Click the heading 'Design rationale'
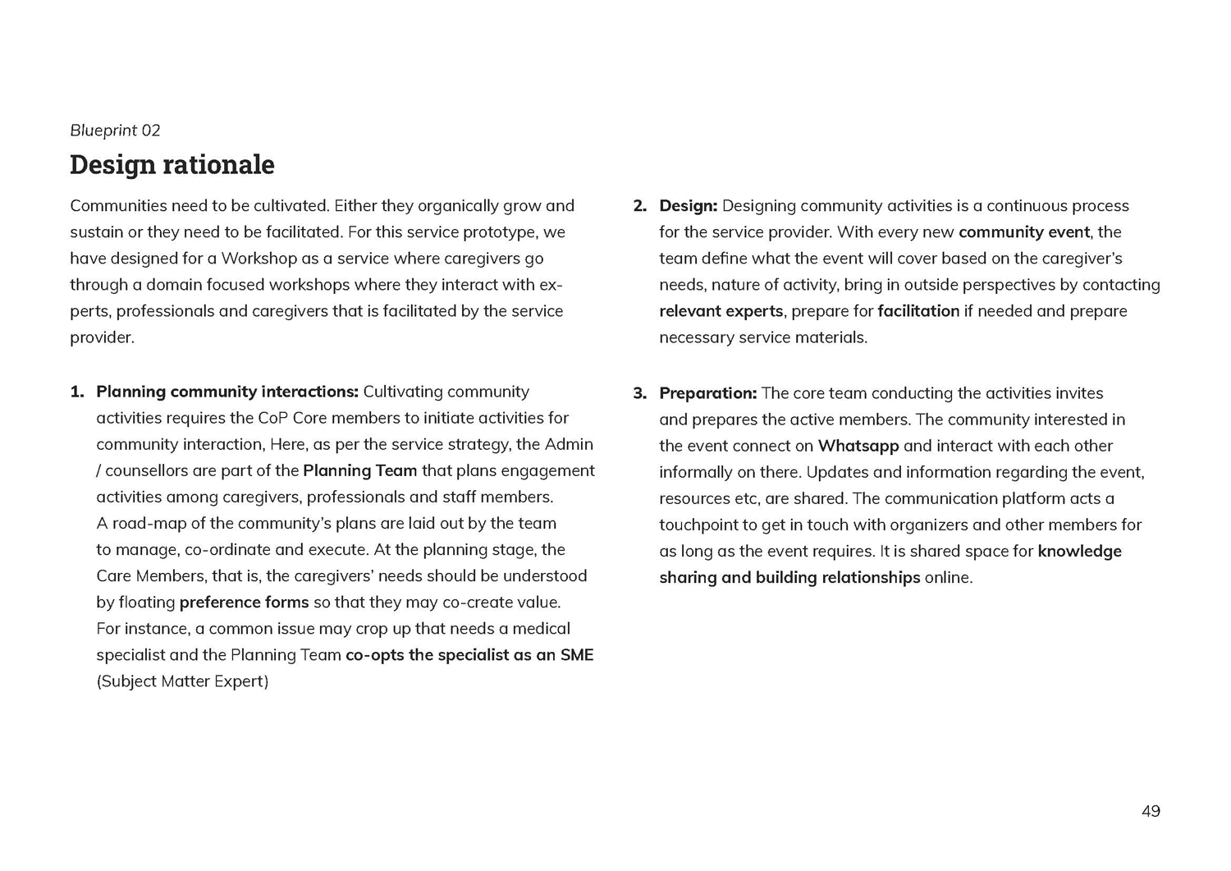point(172,165)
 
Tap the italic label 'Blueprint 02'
point(115,131)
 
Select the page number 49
point(1151,812)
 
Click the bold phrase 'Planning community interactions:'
point(227,392)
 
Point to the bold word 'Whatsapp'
point(858,446)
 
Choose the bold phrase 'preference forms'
point(244,603)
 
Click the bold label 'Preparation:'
point(707,393)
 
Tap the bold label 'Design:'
point(688,206)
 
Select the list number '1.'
point(77,392)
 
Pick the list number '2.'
point(640,206)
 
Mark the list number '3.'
point(640,393)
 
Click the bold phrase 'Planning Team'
point(359,471)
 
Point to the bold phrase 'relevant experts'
point(721,311)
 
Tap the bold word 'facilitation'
point(918,311)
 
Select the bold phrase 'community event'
point(1024,232)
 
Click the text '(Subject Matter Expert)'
point(182,681)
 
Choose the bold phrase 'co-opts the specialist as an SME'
point(469,655)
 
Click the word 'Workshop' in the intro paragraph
point(259,259)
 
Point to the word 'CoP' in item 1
point(272,418)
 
